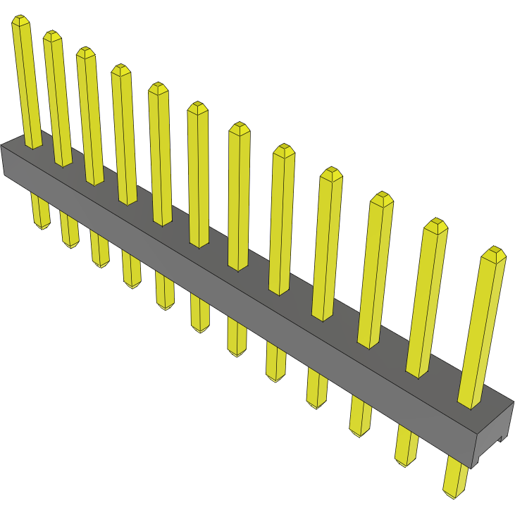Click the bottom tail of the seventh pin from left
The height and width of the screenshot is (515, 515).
[x=237, y=349]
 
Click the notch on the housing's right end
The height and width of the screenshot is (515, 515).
[x=502, y=438]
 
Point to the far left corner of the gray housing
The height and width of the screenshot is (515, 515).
[x=2, y=147]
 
